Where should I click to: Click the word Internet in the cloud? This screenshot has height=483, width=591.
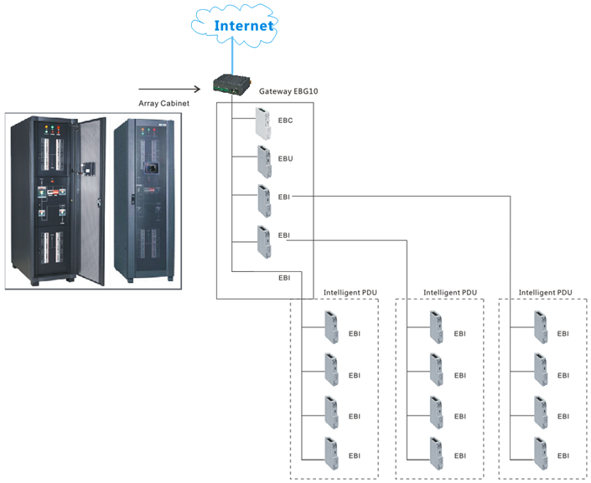244,25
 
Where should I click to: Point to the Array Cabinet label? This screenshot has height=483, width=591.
164,104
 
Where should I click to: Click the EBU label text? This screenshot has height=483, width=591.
286,158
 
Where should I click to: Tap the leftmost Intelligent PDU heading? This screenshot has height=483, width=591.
350,293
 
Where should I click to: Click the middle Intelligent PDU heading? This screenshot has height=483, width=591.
450,293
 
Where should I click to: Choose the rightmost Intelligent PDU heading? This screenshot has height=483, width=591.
546,293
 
